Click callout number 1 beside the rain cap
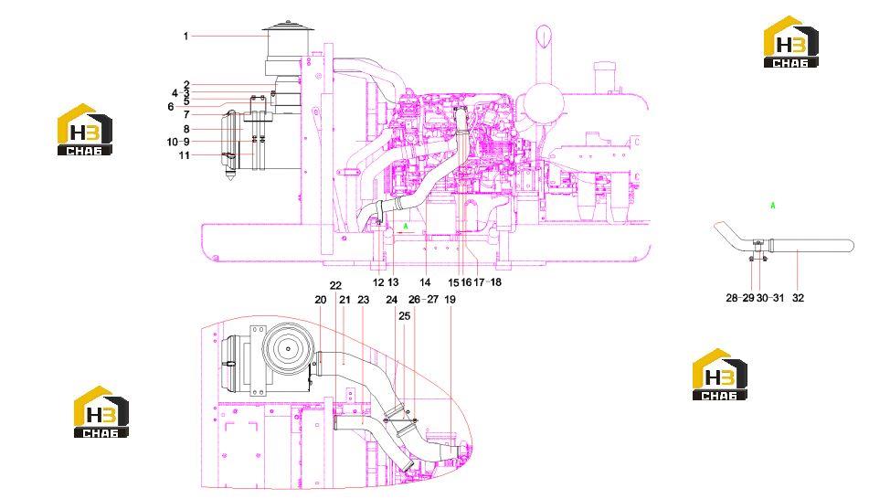[186, 36]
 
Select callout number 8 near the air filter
[186, 129]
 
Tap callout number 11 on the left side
[184, 155]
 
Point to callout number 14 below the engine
[425, 282]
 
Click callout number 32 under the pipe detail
[798, 298]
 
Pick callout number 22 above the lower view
[335, 285]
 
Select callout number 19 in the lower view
[450, 300]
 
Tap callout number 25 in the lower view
[405, 315]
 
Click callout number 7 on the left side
[186, 115]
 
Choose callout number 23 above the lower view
[363, 300]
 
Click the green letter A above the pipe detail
[773, 206]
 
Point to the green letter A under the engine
[406, 227]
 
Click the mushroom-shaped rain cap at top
[288, 27]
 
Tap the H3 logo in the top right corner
[790, 42]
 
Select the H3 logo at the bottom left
[101, 412]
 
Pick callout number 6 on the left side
[171, 106]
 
